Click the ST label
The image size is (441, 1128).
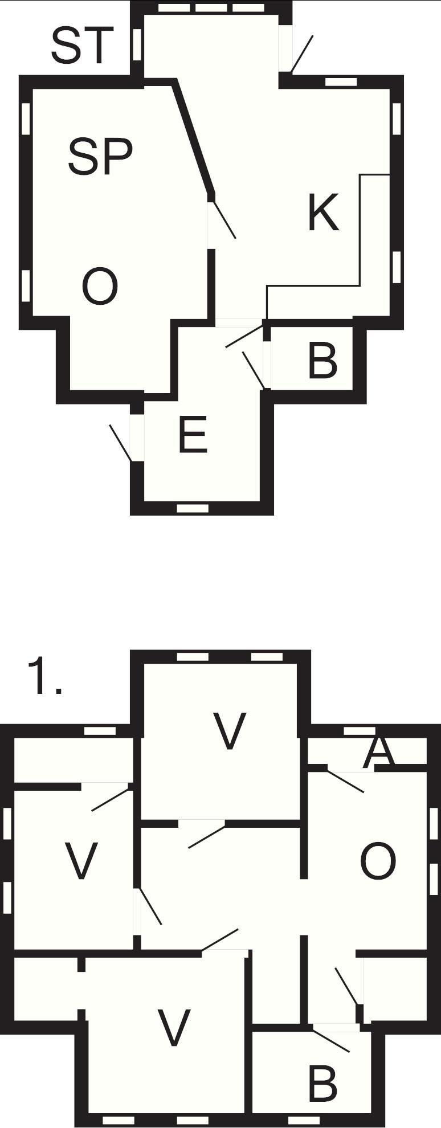click(79, 45)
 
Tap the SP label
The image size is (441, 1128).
click(100, 156)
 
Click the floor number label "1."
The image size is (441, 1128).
click(45, 676)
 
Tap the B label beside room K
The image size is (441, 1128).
click(322, 361)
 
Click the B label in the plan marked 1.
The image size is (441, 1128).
click(322, 1084)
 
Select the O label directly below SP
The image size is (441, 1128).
click(100, 287)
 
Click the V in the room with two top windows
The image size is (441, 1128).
click(230, 731)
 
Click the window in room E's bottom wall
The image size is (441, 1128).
click(193, 508)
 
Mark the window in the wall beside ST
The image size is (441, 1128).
click(137, 43)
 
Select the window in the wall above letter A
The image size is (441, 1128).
click(360, 730)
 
